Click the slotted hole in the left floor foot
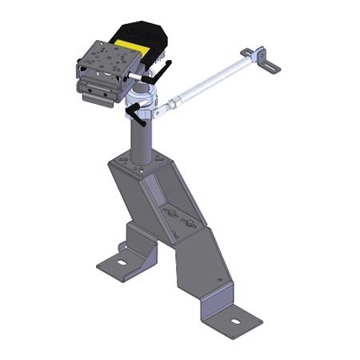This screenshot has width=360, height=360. pyautogui.click(x=122, y=261)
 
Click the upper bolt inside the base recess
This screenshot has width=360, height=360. pyautogui.click(x=170, y=210)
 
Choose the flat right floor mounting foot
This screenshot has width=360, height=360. pyautogui.click(x=232, y=320)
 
